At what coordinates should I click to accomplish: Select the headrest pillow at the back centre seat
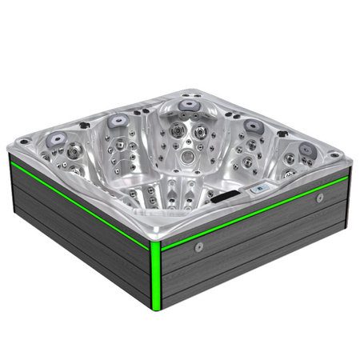coord(190,105)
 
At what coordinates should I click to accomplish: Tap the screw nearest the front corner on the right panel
coord(198,246)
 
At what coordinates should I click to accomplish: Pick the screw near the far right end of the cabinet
coord(320,197)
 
